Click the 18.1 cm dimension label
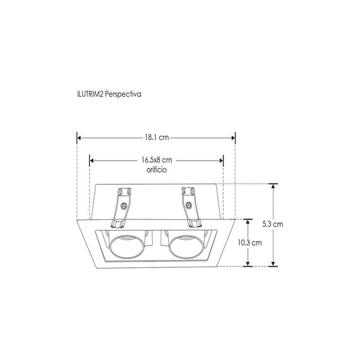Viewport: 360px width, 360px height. [157, 137]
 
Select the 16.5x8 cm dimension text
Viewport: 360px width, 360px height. [157, 160]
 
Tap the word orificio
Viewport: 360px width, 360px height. [157, 170]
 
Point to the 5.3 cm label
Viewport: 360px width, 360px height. [273, 224]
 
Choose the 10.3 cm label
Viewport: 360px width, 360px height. [249, 243]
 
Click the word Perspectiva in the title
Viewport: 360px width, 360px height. [123, 94]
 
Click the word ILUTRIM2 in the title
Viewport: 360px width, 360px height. [90, 94]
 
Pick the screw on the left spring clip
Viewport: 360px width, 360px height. [124, 206]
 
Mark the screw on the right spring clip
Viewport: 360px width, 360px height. [189, 205]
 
